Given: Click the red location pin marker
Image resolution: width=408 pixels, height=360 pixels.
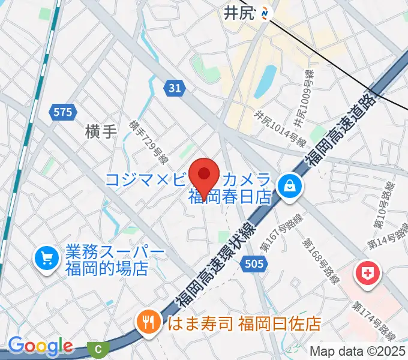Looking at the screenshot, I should [203, 176].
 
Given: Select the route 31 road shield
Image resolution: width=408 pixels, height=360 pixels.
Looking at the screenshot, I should [174, 88].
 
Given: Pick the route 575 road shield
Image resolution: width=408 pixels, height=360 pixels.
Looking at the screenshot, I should [62, 112].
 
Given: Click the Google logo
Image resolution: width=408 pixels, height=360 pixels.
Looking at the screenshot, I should [40, 346].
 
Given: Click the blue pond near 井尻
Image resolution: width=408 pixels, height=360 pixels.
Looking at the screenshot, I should [265, 81].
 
